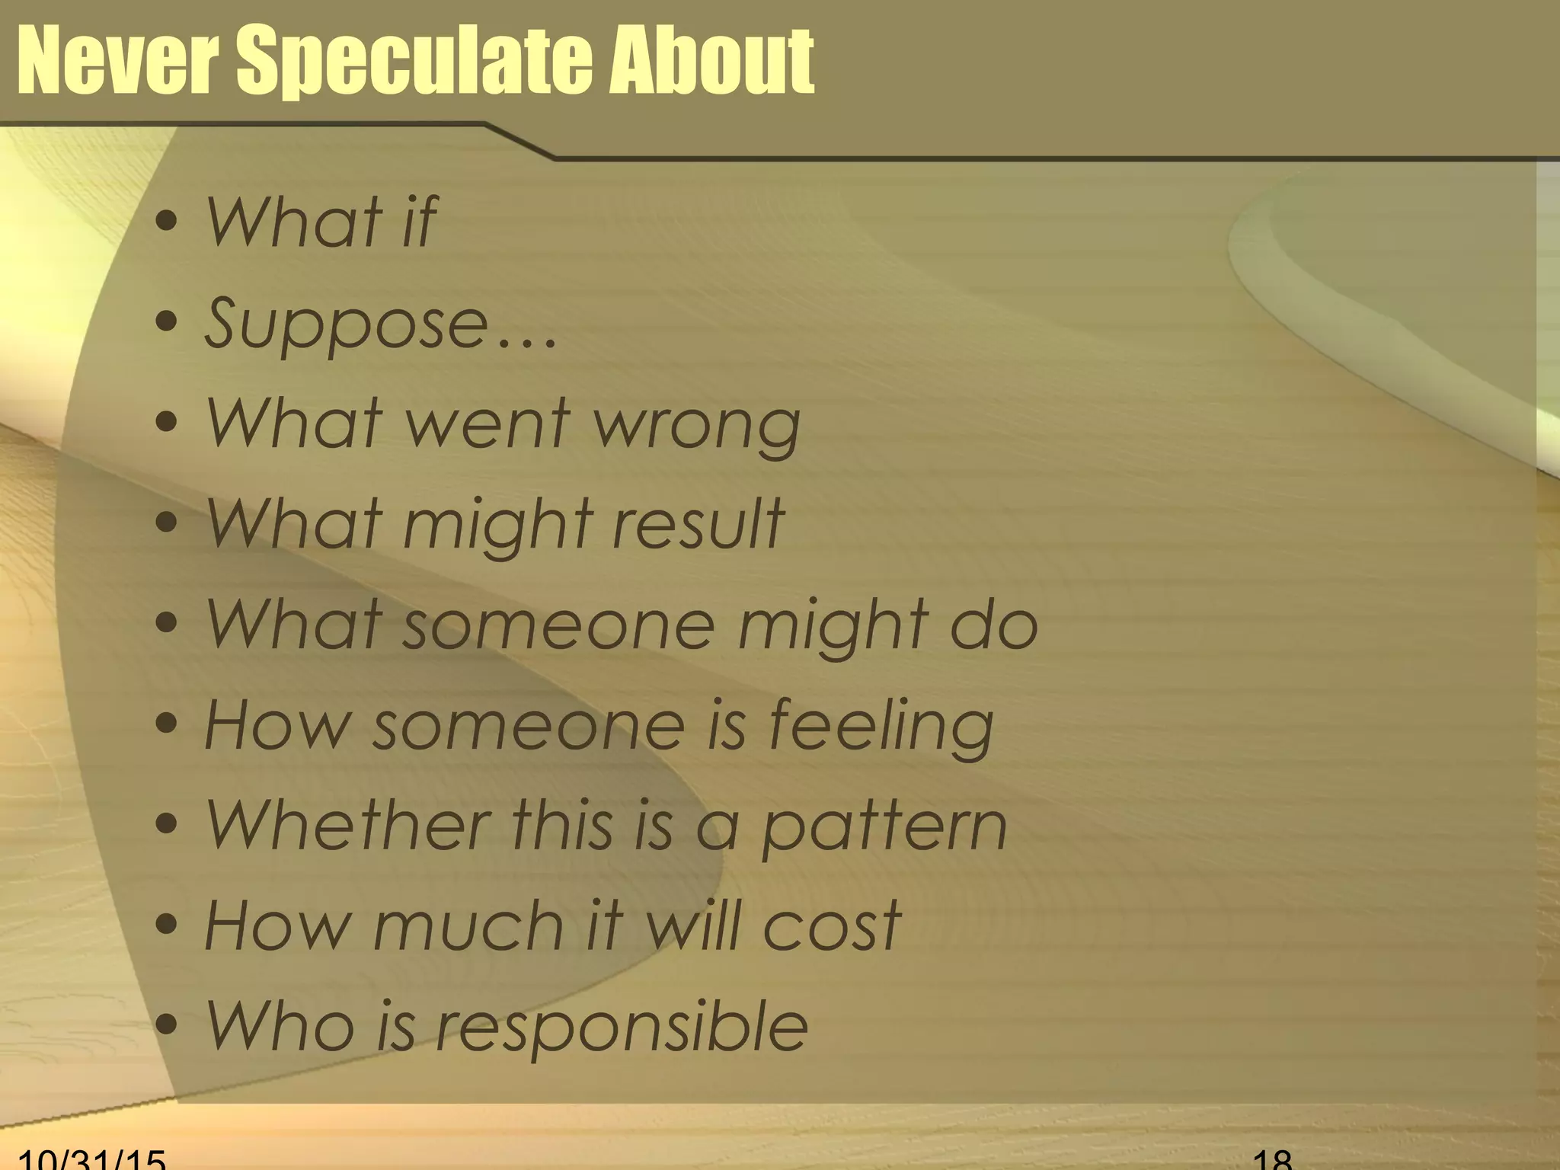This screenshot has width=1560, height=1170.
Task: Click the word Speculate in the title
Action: click(x=415, y=61)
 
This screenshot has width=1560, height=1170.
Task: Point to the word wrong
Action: click(x=697, y=425)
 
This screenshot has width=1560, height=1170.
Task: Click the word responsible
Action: click(x=622, y=1028)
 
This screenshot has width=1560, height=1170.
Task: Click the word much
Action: click(x=468, y=926)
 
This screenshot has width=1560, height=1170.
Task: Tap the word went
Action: click(x=488, y=424)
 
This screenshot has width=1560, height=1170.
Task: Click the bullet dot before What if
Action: click(x=166, y=222)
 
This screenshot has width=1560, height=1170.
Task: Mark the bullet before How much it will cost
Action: click(x=166, y=925)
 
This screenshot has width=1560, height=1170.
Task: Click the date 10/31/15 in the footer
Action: click(x=91, y=1159)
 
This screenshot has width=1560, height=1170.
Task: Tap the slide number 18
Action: click(x=1272, y=1159)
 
